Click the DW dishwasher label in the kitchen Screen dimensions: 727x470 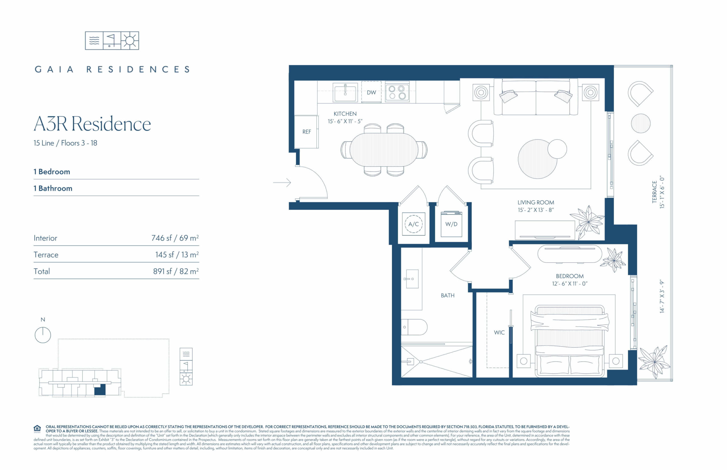pos(371,93)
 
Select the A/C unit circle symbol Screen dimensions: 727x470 pos(413,224)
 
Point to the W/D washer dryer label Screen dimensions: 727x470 pos(451,224)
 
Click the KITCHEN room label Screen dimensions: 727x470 pos(345,114)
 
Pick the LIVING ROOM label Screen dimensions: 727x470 pos(536,202)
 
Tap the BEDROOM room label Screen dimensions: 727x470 pos(570,276)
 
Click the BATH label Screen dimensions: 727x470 pos(448,295)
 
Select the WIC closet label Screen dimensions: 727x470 pos(499,332)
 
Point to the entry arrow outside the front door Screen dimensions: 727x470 pos(282,182)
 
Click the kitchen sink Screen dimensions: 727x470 pos(345,93)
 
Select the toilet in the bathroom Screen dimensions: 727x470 pos(414,327)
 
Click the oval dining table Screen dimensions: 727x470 pos(384,150)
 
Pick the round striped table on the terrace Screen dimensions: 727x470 pos(641,123)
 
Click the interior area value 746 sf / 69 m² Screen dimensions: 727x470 pos(175,238)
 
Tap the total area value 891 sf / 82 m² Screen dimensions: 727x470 pos(176,271)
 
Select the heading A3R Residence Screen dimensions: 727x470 pos(92,124)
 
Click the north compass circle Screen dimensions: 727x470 pos(43,335)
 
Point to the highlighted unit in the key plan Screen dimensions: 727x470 pos(100,390)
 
